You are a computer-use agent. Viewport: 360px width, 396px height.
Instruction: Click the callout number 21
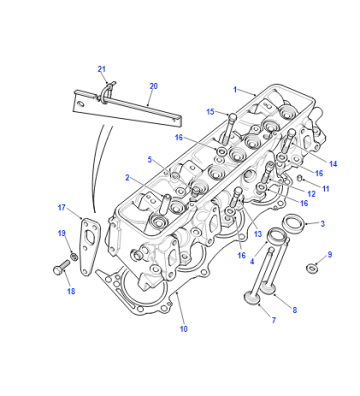(x=102, y=69)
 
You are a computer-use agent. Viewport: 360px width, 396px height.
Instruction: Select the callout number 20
(x=153, y=86)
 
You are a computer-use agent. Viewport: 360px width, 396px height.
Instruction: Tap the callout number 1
(x=235, y=89)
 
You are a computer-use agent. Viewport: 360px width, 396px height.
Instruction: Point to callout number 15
(x=210, y=112)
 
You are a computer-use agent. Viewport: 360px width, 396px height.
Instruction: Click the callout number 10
(x=184, y=329)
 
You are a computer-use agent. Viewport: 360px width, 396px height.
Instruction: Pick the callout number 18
(x=71, y=291)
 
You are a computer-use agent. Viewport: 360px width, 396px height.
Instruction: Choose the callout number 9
(x=330, y=255)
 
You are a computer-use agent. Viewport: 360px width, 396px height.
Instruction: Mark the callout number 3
(x=322, y=224)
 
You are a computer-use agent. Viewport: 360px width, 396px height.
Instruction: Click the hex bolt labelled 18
(x=61, y=267)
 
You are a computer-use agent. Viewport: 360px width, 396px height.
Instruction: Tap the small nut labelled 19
(x=74, y=257)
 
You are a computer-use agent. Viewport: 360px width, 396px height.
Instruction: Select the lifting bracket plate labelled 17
(x=90, y=246)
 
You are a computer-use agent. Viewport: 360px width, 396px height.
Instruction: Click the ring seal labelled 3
(x=293, y=224)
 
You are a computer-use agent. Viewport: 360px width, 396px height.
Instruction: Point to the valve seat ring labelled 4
(x=277, y=236)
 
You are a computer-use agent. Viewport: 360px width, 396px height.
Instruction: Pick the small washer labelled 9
(x=312, y=268)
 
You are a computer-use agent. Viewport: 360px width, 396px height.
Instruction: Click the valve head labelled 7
(x=252, y=297)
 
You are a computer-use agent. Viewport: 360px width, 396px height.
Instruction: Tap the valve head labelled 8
(x=267, y=288)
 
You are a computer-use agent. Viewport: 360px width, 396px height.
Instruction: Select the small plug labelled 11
(x=299, y=178)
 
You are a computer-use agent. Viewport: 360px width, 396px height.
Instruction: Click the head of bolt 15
(x=232, y=116)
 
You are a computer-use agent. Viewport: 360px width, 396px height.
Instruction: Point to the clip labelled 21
(x=107, y=91)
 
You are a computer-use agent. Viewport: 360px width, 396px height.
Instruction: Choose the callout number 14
(x=333, y=164)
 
